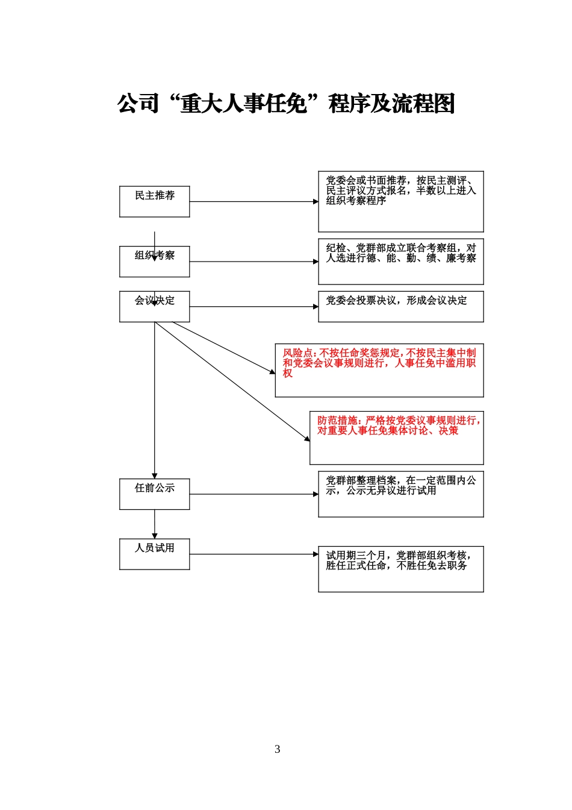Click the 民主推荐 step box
click(x=154, y=201)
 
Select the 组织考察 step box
click(x=154, y=262)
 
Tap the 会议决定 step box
click(x=154, y=306)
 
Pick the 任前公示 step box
click(x=154, y=494)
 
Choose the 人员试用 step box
click(x=154, y=554)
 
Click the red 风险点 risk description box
click(x=379, y=370)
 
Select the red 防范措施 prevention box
click(x=396, y=438)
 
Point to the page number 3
click(x=277, y=749)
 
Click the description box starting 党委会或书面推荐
click(x=401, y=201)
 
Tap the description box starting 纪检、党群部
click(x=401, y=262)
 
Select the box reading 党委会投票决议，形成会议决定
click(x=401, y=306)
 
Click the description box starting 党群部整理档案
click(x=401, y=494)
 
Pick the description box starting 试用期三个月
click(x=401, y=569)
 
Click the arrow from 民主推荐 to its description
click(x=254, y=201)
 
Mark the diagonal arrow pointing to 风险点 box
click(x=223, y=348)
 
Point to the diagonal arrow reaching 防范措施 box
click(x=232, y=381)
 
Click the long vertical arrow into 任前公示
click(x=154, y=400)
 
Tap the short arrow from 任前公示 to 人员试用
click(x=154, y=524)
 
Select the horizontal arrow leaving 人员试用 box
click(x=254, y=554)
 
